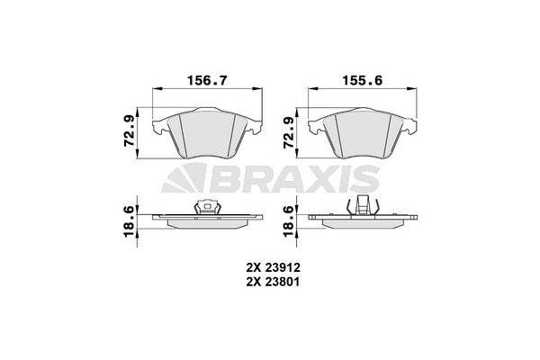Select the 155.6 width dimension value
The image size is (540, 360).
pos(361,79)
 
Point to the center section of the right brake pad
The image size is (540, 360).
pos(361,135)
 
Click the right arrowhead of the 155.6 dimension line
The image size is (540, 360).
pos(409,88)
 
